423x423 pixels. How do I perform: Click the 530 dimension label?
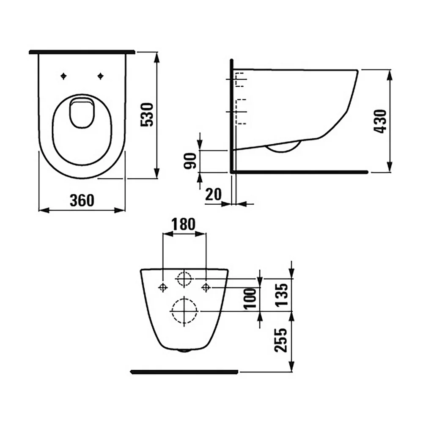[147, 115]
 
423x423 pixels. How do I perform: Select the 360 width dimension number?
[82, 200]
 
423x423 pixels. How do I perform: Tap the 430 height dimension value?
[380, 121]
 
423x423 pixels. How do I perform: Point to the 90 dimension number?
[190, 161]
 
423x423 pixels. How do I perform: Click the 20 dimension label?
[213, 194]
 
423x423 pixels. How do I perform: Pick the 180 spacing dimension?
[184, 224]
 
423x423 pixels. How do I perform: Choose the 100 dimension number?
[250, 298]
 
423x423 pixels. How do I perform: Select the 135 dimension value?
[282, 295]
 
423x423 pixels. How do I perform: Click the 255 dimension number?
[281, 341]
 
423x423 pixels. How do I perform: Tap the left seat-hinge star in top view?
[63, 76]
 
